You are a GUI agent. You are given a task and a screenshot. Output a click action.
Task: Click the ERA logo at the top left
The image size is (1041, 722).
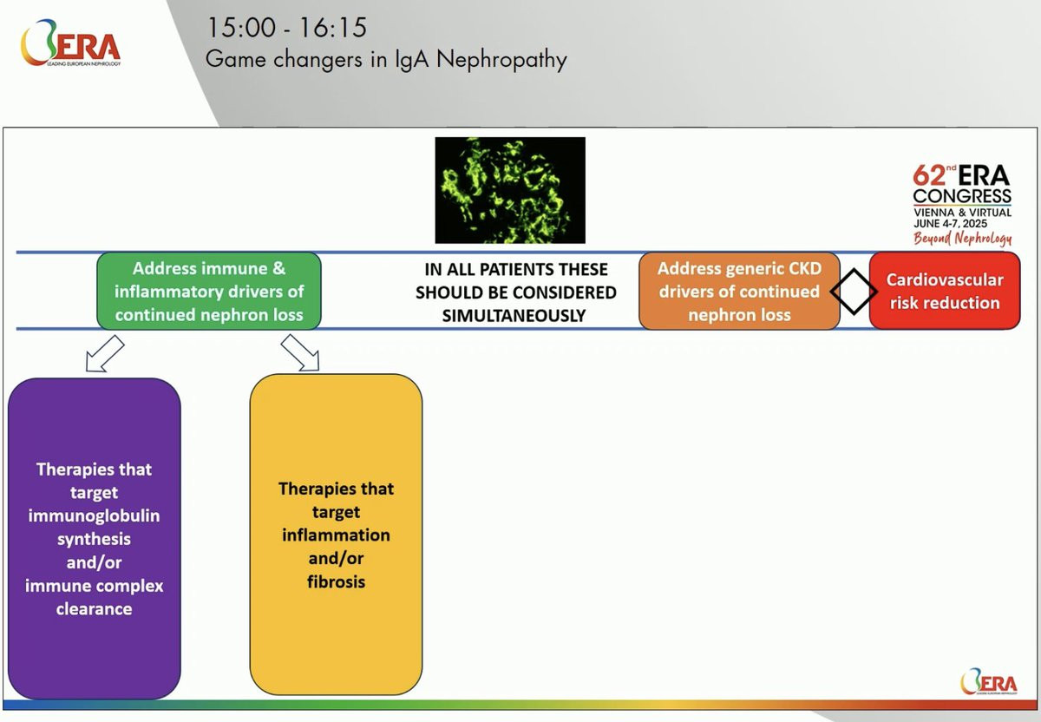[70, 43]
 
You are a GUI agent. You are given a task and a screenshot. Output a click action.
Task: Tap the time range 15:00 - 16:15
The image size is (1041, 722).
[286, 28]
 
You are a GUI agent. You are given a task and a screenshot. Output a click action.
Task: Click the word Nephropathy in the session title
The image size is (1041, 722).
[501, 60]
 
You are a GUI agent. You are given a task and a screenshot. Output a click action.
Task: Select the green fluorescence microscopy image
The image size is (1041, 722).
[510, 190]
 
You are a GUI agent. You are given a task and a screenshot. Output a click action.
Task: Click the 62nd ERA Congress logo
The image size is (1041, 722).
[962, 205]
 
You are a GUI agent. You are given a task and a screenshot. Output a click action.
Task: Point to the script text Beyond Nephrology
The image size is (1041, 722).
[962, 238]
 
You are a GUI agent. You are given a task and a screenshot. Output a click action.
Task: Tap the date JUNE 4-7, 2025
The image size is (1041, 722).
[951, 224]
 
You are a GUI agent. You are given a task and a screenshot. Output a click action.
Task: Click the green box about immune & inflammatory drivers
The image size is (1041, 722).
[209, 291]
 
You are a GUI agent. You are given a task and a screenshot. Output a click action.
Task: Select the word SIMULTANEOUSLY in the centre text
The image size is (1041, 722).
[514, 316]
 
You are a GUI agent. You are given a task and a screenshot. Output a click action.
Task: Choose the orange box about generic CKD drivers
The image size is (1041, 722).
[739, 291]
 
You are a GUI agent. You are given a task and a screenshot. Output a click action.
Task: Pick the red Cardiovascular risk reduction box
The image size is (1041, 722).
[945, 291]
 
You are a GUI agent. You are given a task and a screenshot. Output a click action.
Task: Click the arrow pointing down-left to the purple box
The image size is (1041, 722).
[105, 354]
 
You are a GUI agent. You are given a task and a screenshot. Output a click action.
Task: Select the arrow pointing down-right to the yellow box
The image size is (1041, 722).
[300, 353]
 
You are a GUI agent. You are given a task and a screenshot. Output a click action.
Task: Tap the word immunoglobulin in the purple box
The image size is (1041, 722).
[94, 515]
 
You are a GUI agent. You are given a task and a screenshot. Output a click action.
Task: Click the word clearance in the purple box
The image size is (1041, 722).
[94, 608]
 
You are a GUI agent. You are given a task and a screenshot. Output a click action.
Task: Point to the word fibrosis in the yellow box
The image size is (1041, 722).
[336, 581]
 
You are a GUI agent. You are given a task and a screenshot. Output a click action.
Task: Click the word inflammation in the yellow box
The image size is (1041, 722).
[336, 535]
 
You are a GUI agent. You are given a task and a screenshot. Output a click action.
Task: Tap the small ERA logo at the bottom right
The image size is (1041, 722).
[988, 681]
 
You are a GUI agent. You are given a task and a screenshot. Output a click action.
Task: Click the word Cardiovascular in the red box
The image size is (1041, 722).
[945, 280]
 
